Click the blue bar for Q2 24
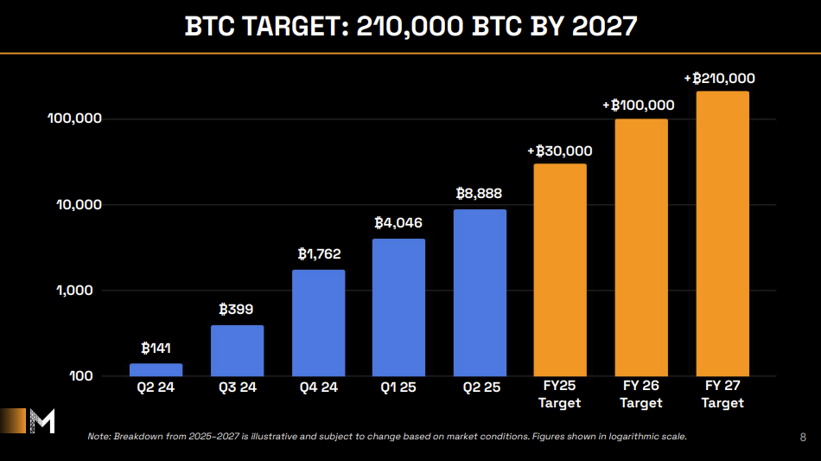tap(156, 369)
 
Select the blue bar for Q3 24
tap(237, 350)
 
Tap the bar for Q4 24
tap(318, 323)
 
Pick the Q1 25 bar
tap(398, 307)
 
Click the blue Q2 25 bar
tap(480, 292)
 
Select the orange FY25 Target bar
tap(560, 270)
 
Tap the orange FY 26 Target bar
tap(641, 247)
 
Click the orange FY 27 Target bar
tap(722, 234)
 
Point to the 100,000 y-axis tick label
tap(74, 118)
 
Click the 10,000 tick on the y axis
tap(78, 205)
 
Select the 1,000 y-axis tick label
tap(81, 291)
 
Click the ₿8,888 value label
tap(479, 194)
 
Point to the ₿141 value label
tap(156, 349)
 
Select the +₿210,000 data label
tap(719, 78)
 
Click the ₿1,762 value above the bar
tap(319, 253)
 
